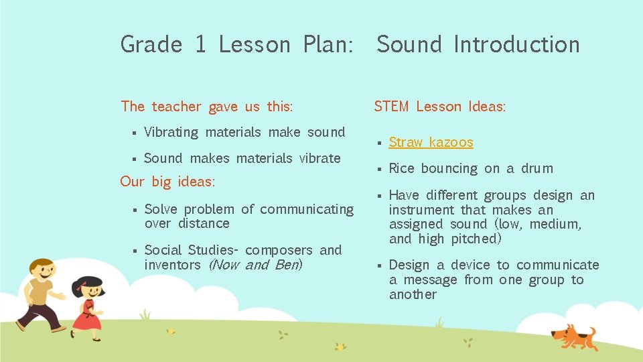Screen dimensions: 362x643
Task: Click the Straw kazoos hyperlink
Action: coord(431,142)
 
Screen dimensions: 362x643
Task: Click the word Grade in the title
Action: coord(151,45)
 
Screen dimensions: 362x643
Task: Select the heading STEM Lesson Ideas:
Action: coord(439,107)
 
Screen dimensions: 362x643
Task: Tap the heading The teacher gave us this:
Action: coord(207,107)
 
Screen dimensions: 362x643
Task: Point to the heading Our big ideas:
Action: coord(167,182)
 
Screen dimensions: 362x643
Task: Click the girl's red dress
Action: coord(86,316)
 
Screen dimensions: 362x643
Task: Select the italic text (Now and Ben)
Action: coord(255,265)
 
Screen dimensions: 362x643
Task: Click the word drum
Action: coord(538,168)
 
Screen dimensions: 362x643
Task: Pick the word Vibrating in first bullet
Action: coord(171,132)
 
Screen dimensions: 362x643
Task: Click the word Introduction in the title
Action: coord(516,45)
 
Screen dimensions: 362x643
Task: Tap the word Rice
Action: coord(402,168)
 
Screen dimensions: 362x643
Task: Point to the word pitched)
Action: coord(476,239)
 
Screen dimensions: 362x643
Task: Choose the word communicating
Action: coord(307,209)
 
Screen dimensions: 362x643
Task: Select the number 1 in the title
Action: coord(200,45)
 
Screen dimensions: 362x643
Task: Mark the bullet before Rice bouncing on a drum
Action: coord(378,170)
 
